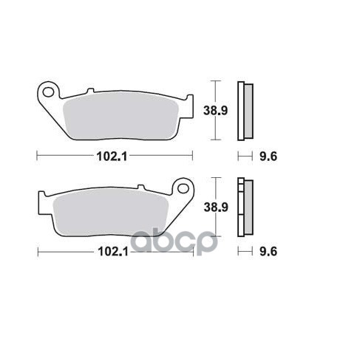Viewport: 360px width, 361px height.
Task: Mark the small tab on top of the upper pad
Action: tap(90, 91)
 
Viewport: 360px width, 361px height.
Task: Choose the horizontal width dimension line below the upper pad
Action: tap(67, 156)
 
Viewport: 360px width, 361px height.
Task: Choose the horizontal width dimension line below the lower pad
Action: tap(67, 252)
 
